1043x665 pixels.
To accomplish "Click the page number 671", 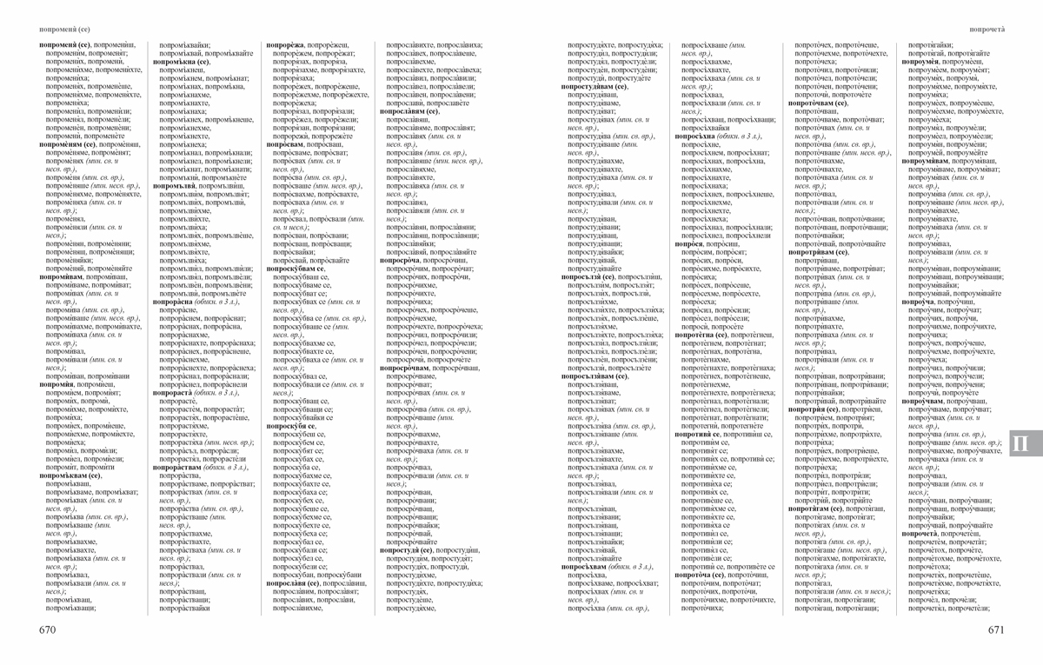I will pos(997,629).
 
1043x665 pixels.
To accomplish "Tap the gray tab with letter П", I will pos(1021,445).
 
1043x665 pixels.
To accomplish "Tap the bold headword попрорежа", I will pos(285,45).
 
